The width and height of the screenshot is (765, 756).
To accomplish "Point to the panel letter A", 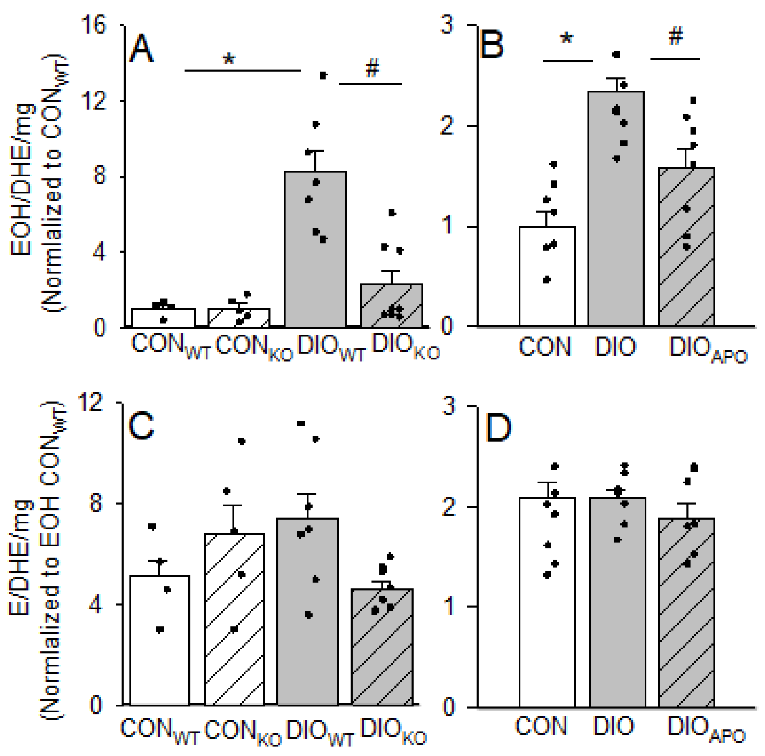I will (x=141, y=49).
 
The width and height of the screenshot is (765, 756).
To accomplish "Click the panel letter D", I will (x=498, y=428).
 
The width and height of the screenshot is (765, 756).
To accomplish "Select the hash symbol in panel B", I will (x=675, y=36).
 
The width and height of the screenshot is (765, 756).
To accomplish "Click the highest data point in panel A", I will (x=323, y=75).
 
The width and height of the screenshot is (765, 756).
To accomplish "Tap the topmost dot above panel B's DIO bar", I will (x=617, y=54).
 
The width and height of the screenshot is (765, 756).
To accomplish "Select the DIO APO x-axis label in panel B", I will (x=708, y=350).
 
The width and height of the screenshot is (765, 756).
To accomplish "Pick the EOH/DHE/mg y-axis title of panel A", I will (x=22, y=179).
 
